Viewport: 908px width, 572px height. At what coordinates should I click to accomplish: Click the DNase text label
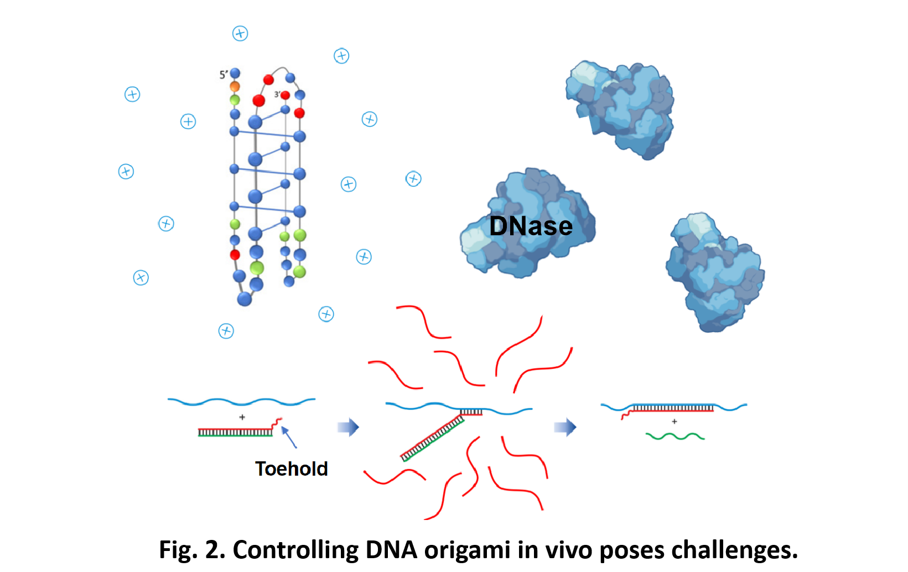point(531,226)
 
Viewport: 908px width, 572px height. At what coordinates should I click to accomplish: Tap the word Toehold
point(291,469)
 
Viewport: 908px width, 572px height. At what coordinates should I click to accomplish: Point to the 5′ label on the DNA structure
point(224,75)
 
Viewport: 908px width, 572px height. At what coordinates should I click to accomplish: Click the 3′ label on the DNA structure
point(277,95)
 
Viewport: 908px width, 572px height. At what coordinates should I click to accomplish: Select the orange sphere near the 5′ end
point(235,87)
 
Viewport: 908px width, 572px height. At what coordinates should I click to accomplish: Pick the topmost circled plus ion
point(240,33)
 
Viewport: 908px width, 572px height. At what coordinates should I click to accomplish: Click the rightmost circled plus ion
point(413,179)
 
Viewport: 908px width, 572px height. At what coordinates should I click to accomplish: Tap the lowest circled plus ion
point(226,331)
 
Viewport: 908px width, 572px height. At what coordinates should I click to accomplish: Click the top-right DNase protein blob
point(621,108)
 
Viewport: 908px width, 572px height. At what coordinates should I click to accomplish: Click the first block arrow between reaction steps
point(348,427)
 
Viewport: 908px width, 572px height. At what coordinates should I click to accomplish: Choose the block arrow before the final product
point(565,427)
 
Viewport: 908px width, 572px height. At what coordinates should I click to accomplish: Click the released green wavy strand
point(675,436)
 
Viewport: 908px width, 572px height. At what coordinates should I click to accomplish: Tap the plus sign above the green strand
point(674,422)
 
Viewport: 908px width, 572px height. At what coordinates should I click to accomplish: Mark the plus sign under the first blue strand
point(242,417)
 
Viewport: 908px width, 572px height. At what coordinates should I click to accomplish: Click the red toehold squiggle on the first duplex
point(276,423)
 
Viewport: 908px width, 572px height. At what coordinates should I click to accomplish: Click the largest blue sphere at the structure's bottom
point(245,299)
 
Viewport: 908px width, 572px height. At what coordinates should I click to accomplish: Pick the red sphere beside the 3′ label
point(286,95)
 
